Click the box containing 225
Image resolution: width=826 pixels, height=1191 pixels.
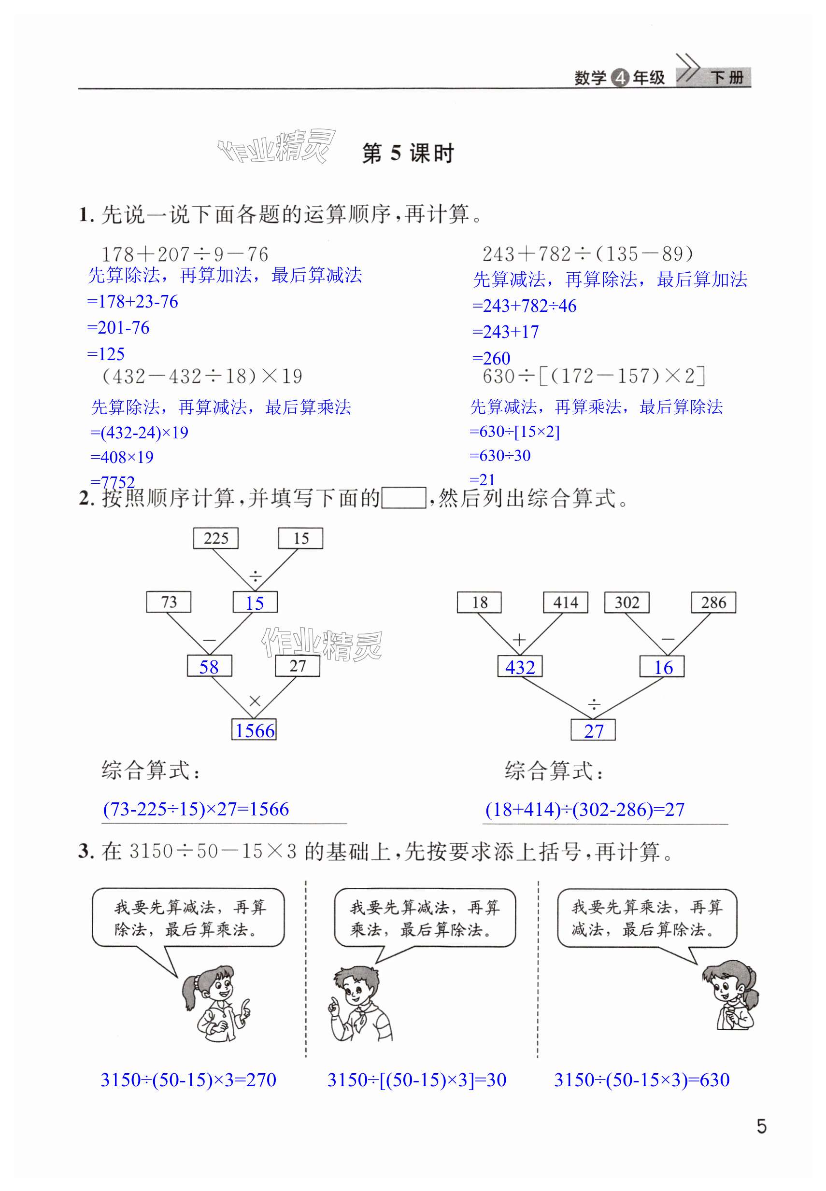[x=216, y=538]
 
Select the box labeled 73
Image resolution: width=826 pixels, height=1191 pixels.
[x=169, y=602]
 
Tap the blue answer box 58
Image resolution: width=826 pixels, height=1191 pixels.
[x=209, y=666]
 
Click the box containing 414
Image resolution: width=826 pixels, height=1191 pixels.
[x=565, y=602]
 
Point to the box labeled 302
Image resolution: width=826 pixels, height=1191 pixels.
[x=627, y=602]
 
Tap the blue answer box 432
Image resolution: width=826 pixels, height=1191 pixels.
[x=520, y=667]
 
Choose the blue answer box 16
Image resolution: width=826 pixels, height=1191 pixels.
[x=662, y=667]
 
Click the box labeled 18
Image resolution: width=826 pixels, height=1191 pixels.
[x=479, y=602]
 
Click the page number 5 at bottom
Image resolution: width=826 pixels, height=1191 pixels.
[x=761, y=1126]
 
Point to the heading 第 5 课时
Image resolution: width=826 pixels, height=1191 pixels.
[x=408, y=154]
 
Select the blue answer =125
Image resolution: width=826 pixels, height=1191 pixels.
[x=107, y=354]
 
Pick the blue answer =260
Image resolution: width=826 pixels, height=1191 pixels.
[x=492, y=358]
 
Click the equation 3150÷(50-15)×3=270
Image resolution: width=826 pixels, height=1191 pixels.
[x=188, y=1080]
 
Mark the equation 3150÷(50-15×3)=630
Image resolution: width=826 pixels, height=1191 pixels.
[x=642, y=1080]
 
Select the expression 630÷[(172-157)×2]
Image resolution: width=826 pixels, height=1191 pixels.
[x=594, y=376]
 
